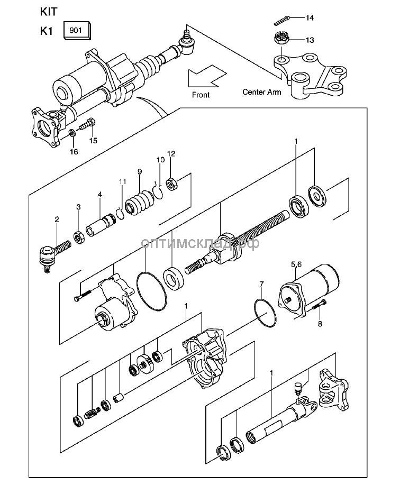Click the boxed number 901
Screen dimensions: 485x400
click(x=76, y=30)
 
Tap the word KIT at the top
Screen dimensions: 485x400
click(x=48, y=11)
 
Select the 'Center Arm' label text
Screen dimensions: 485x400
click(x=262, y=91)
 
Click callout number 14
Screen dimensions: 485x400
click(x=310, y=18)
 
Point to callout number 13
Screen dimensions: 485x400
click(x=310, y=40)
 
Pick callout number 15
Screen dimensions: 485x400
click(x=93, y=140)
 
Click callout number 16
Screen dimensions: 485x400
click(x=74, y=152)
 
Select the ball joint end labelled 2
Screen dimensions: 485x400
click(x=49, y=253)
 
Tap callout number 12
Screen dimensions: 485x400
click(x=171, y=154)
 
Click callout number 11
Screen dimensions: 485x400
click(x=123, y=182)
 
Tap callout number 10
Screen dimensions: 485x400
click(x=160, y=160)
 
